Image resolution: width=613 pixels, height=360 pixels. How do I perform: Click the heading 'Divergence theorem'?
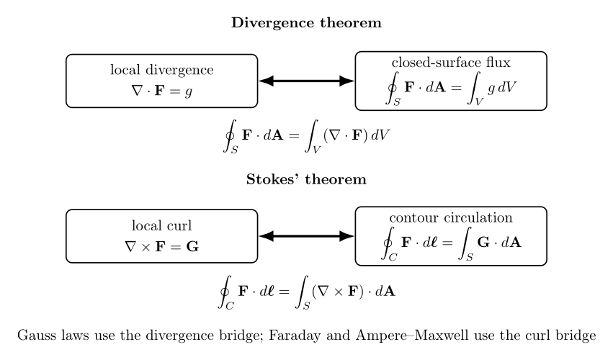pyautogui.click(x=306, y=22)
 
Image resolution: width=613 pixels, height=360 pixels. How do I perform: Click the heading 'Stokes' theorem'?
pyautogui.click(x=306, y=179)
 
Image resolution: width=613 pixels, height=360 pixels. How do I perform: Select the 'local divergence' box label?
pyautogui.click(x=162, y=70)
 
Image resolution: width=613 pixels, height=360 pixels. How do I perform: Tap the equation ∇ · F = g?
pyautogui.click(x=162, y=91)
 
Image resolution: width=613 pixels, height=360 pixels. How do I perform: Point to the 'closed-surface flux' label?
pyautogui.click(x=451, y=62)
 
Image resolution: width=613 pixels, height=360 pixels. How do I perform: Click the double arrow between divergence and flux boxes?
pyautogui.click(x=306, y=81)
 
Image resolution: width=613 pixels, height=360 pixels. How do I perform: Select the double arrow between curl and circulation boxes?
pyautogui.click(x=306, y=236)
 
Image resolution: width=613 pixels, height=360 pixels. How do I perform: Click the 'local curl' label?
pyautogui.click(x=162, y=225)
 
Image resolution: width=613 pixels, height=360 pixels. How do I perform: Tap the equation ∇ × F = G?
pyautogui.click(x=162, y=247)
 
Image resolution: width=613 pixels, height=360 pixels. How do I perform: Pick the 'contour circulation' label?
pyautogui.click(x=451, y=217)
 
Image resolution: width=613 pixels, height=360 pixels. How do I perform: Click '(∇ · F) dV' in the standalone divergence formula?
pyautogui.click(x=356, y=135)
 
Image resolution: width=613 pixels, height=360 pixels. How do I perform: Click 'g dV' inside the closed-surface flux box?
pyautogui.click(x=501, y=88)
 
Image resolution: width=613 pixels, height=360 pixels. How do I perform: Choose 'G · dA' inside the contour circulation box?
pyautogui.click(x=499, y=243)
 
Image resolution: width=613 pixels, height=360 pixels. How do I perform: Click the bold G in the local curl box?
pyautogui.click(x=192, y=247)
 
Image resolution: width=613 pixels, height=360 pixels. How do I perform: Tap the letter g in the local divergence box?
pyautogui.click(x=189, y=92)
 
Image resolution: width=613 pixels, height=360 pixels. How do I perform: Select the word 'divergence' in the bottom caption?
pyautogui.click(x=186, y=336)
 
